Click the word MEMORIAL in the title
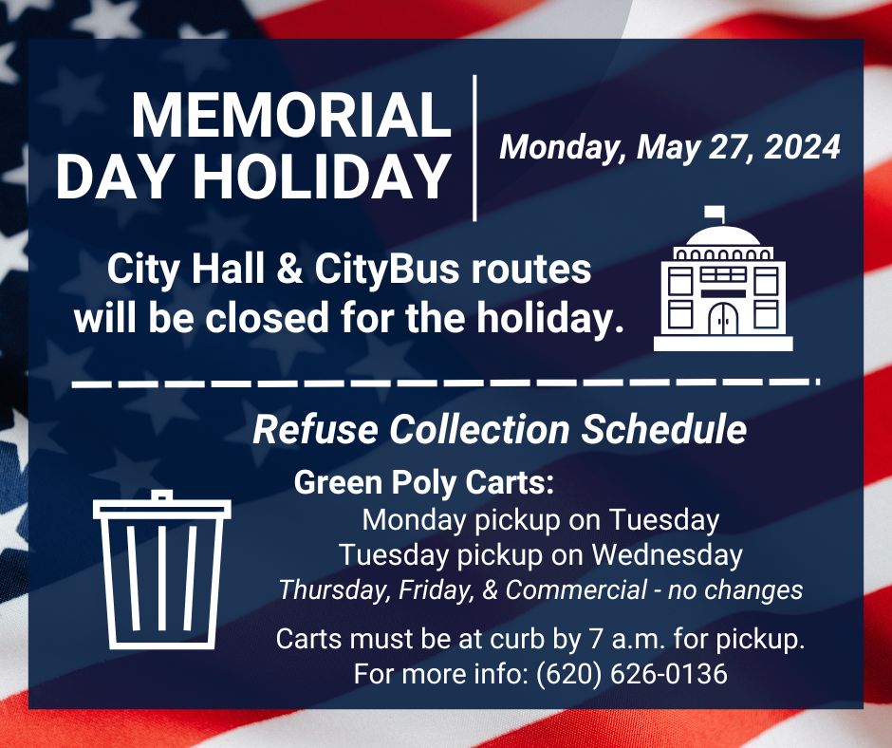(x=290, y=117)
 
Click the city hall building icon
(x=723, y=285)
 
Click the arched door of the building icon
(x=723, y=319)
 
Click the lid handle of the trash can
(x=162, y=495)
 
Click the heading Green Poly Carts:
(x=424, y=483)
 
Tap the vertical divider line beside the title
(x=474, y=147)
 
